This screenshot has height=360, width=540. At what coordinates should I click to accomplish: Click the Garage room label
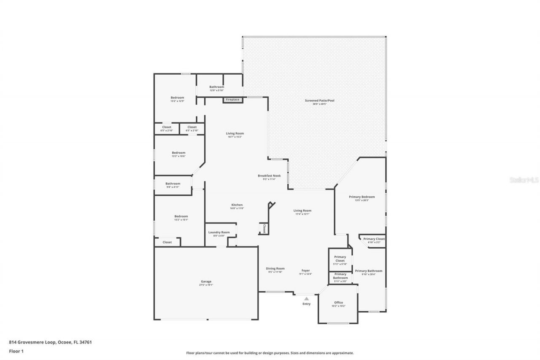click(x=206, y=282)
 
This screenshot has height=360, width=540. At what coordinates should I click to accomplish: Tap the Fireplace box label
click(x=232, y=100)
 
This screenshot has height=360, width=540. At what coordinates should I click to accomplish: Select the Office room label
click(x=338, y=303)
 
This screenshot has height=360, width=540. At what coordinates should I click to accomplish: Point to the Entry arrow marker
click(x=307, y=298)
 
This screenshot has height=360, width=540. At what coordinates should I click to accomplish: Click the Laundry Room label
click(x=219, y=233)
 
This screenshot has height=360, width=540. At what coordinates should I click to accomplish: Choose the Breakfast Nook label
click(x=269, y=176)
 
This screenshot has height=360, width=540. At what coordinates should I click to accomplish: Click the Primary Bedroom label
click(x=362, y=197)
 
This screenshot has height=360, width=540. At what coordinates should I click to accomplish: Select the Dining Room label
click(x=275, y=268)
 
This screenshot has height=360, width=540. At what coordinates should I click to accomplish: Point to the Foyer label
click(x=305, y=271)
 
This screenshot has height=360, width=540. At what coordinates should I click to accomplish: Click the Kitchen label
click(x=237, y=205)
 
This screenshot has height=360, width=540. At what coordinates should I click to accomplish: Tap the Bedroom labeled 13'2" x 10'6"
click(x=178, y=153)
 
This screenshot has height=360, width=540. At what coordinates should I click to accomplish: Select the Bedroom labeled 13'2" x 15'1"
click(x=181, y=216)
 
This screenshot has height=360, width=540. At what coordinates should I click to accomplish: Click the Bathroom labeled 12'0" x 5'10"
click(x=217, y=87)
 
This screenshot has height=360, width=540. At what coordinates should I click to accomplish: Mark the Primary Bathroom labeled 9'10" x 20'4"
click(x=368, y=271)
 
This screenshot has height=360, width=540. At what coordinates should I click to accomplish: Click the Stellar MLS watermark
click(x=524, y=180)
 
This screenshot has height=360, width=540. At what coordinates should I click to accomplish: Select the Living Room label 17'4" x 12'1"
click(x=302, y=211)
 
